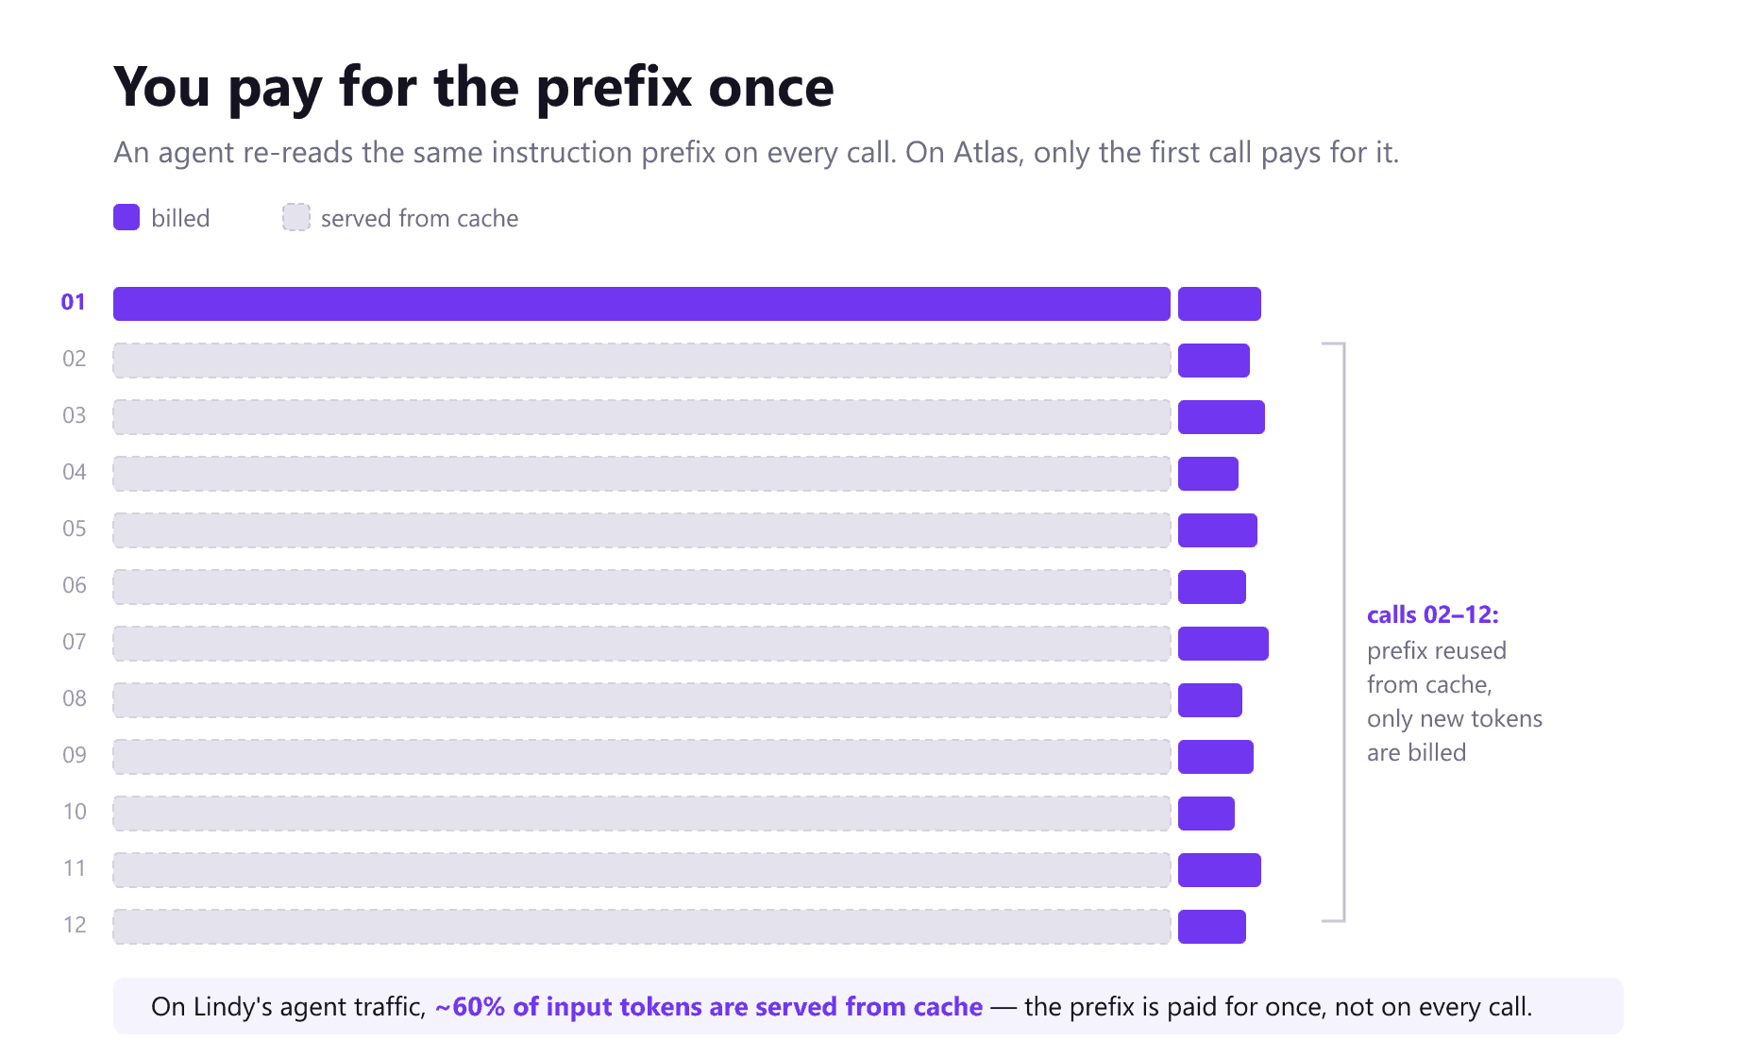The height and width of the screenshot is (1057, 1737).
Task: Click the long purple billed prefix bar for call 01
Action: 642,304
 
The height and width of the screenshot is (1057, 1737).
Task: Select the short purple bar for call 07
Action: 1223,644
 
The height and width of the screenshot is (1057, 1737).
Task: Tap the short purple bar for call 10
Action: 1206,814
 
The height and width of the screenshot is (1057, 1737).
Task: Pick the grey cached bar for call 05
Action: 642,530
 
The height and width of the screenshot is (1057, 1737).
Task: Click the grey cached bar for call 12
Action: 642,927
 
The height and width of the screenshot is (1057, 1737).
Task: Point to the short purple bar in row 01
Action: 1220,304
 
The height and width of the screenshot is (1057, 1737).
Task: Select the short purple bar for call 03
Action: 1222,417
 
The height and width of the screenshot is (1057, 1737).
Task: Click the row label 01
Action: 74,302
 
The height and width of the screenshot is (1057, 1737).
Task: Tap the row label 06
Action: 75,585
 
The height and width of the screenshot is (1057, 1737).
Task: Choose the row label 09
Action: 75,755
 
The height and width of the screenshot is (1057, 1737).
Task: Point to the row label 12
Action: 75,925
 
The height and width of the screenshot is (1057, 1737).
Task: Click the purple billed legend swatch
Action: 126,217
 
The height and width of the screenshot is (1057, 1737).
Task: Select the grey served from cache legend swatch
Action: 296,217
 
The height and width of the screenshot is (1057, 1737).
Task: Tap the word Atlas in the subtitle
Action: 988,153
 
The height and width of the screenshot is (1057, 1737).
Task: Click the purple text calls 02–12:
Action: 1433,614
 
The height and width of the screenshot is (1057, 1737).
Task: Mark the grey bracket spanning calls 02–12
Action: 1343,632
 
